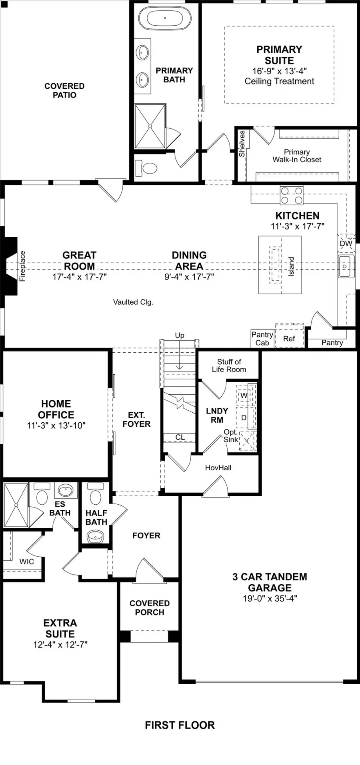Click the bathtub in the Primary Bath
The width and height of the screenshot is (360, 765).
tap(164, 19)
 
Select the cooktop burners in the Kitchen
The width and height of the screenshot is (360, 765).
tap(292, 196)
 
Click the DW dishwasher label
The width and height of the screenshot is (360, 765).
tap(346, 244)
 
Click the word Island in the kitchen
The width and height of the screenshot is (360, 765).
tap(291, 266)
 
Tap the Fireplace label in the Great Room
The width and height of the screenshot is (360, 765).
tap(22, 266)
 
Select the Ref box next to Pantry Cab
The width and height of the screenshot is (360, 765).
tap(289, 339)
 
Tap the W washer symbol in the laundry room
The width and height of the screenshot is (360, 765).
tap(244, 395)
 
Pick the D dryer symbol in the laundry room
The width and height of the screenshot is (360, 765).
tap(244, 417)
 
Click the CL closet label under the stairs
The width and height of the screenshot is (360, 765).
tap(180, 437)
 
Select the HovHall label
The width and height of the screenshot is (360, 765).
tap(218, 467)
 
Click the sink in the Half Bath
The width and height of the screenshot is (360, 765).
tap(96, 536)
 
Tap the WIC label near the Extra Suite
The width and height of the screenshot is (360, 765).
tap(27, 561)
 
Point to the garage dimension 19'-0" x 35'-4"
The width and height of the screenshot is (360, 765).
tap(270, 599)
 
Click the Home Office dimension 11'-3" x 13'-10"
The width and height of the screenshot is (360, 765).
tap(56, 425)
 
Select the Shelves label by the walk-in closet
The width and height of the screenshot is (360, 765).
tap(242, 144)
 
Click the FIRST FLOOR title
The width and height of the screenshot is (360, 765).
tap(180, 725)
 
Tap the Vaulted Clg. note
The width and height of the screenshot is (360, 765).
tap(133, 302)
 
